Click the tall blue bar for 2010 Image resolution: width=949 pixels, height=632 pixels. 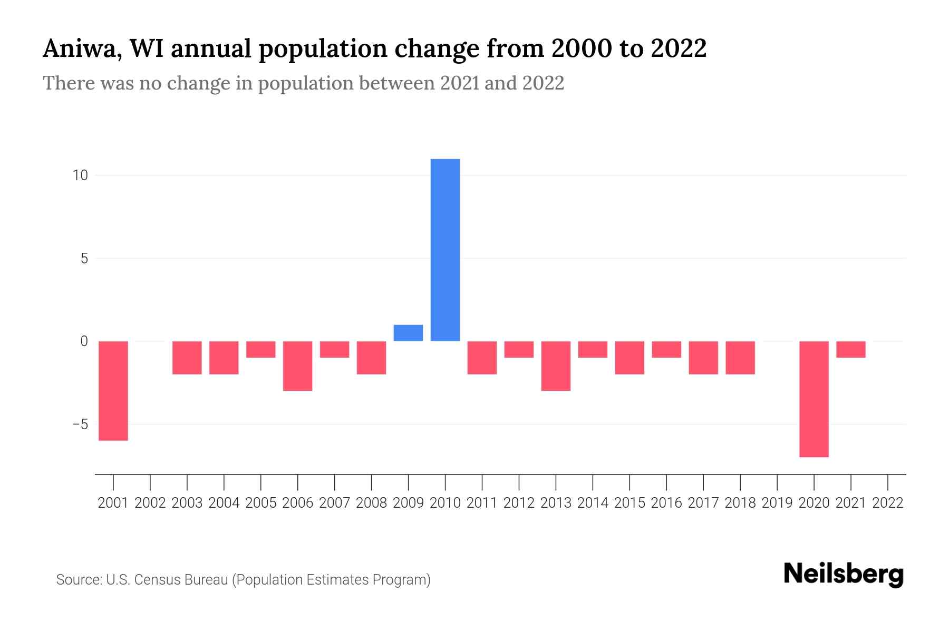(445, 250)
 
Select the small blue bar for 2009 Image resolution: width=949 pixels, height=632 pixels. (408, 333)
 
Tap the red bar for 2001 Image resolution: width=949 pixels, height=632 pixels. (113, 390)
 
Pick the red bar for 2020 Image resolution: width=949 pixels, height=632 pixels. (814, 399)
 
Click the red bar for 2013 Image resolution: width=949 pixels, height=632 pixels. (556, 366)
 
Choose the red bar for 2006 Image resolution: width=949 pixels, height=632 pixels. (298, 366)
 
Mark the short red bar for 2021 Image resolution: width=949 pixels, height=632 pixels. (850, 349)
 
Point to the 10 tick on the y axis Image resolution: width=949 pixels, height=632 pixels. (80, 175)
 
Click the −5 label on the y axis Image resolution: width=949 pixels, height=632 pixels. (80, 424)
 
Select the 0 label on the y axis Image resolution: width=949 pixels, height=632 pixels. (84, 341)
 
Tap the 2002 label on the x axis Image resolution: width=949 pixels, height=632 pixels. (150, 503)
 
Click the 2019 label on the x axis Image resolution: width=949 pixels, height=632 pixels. (777, 503)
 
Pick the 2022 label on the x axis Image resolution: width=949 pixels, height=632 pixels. (887, 503)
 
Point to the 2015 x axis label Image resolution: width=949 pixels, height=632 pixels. (630, 503)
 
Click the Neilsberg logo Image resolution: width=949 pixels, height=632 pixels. (843, 575)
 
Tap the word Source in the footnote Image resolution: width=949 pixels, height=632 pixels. (78, 580)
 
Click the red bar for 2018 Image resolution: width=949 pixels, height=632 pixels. (740, 357)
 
